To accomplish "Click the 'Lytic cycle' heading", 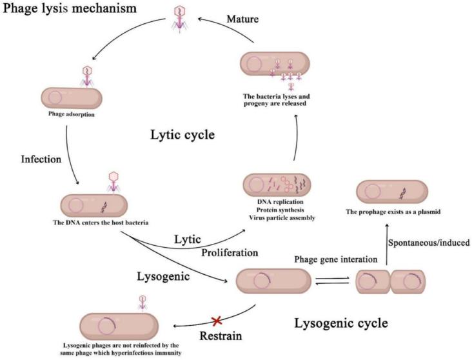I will point(182,135).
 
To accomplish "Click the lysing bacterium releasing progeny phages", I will point(273,65).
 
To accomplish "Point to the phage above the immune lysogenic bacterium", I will point(143,302).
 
